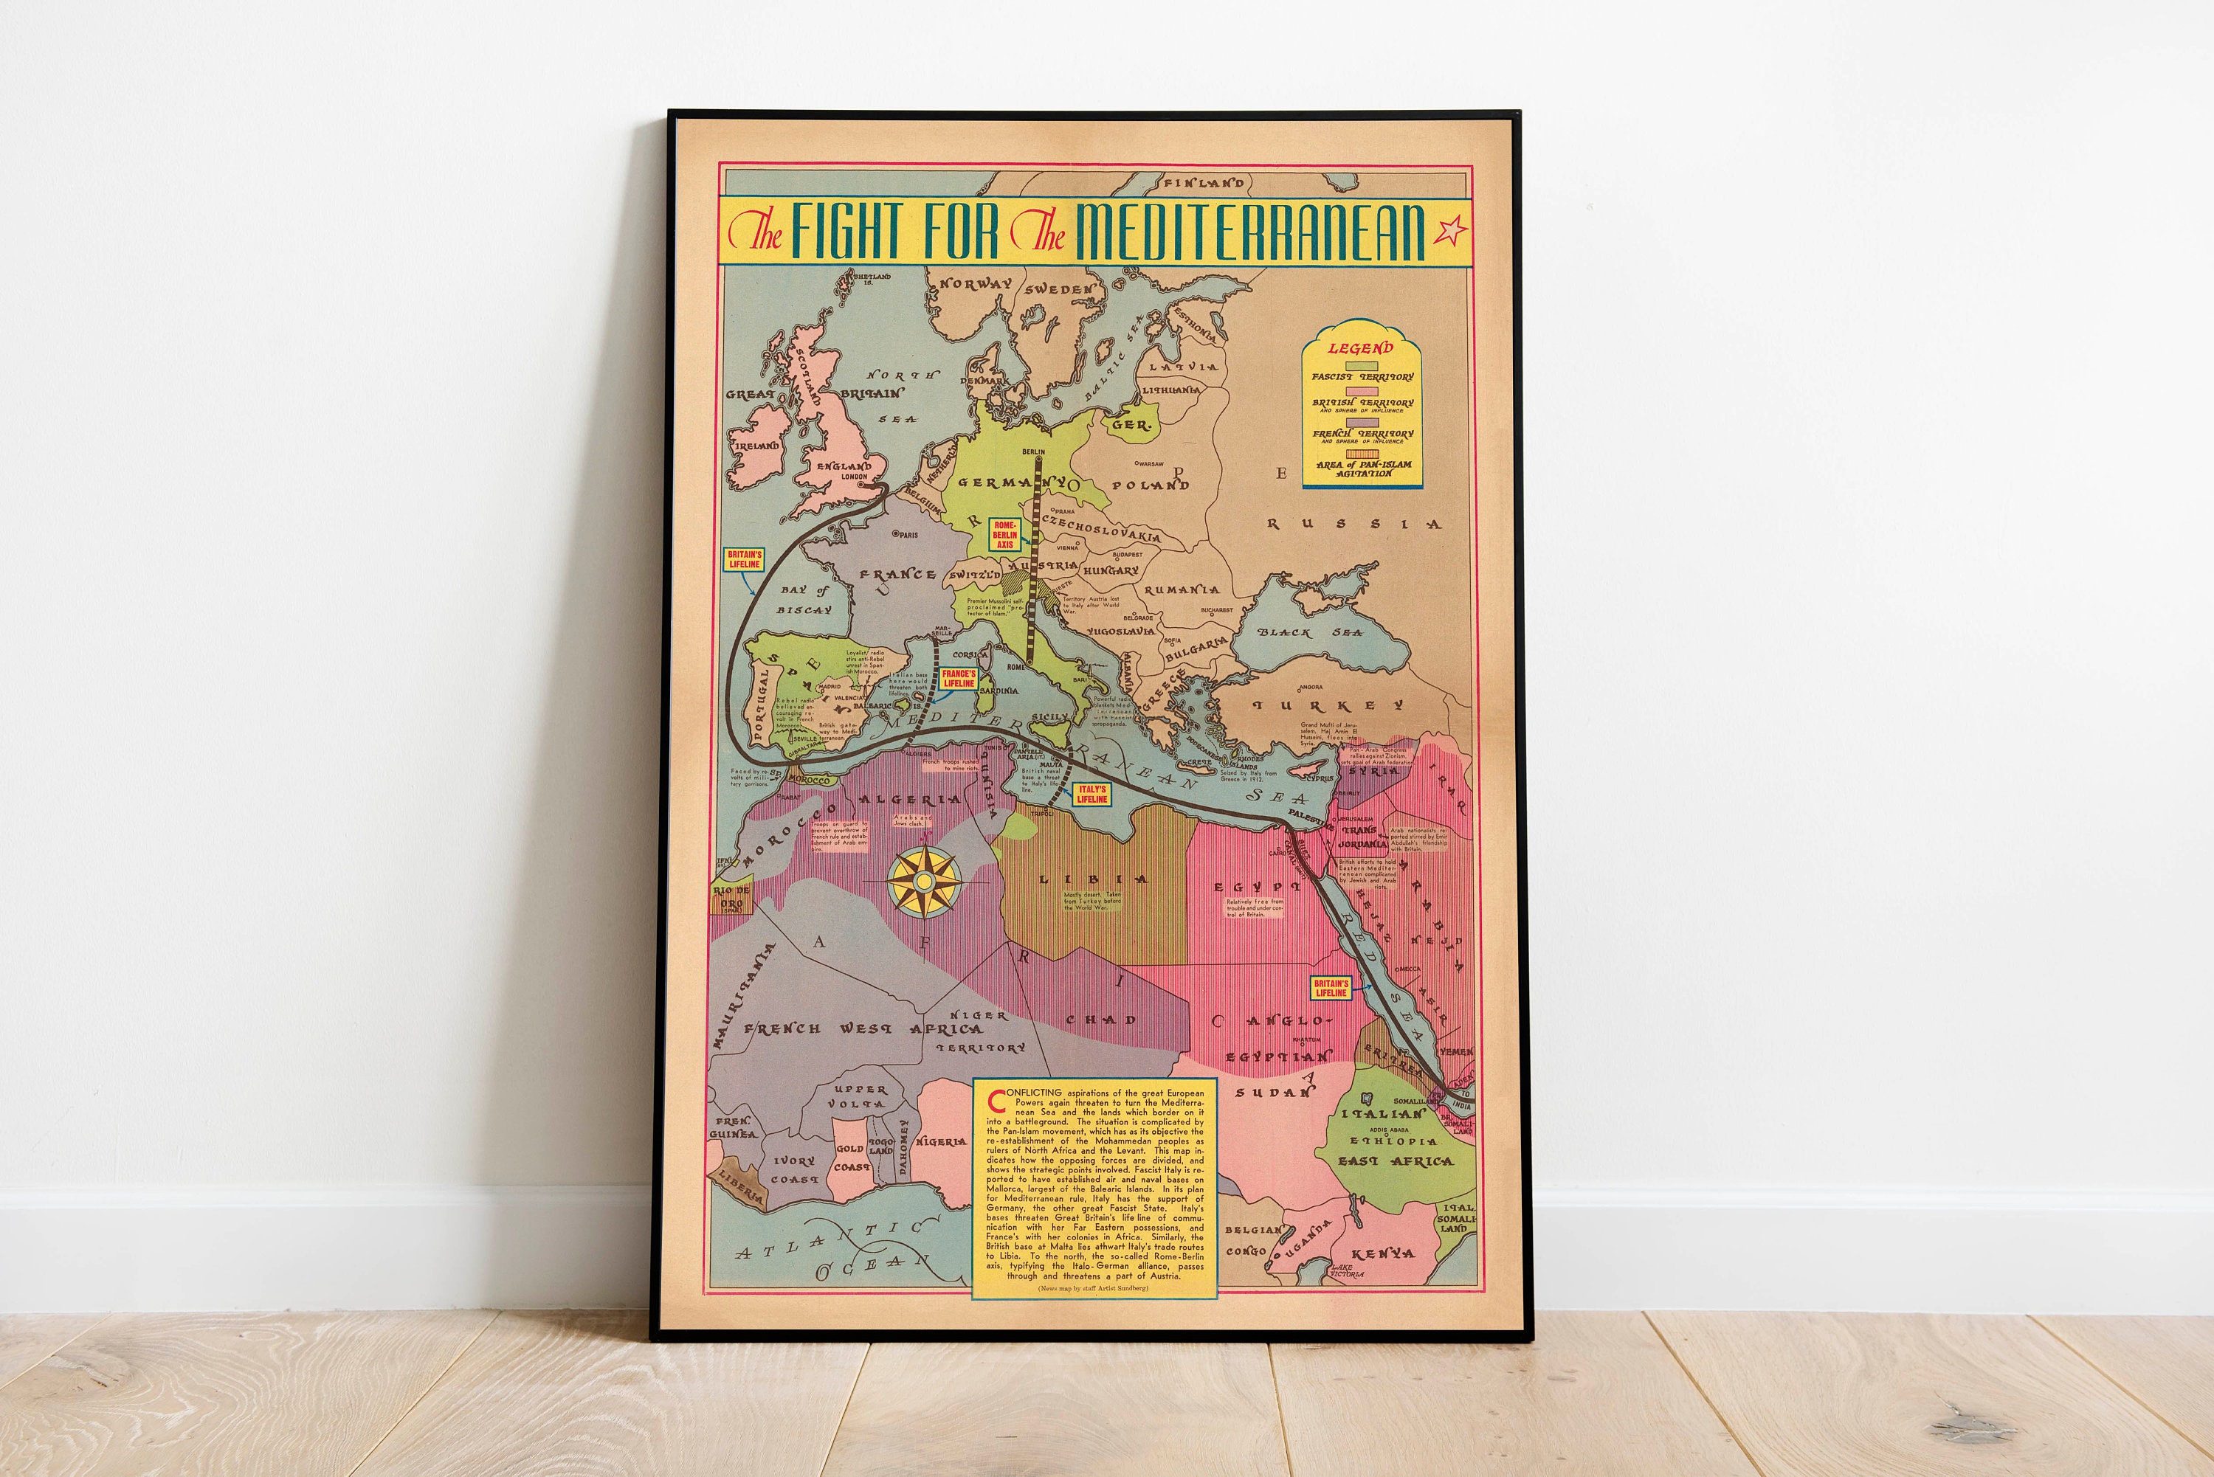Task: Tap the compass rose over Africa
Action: pyautogui.click(x=924, y=881)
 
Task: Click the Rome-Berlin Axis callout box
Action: pyautogui.click(x=1004, y=534)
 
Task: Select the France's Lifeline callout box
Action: pyautogui.click(x=959, y=678)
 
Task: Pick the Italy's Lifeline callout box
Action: pyautogui.click(x=1092, y=794)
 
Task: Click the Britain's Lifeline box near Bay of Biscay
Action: pyautogui.click(x=745, y=559)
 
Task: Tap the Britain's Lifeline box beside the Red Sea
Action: pyautogui.click(x=1331, y=987)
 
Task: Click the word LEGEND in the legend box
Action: pyautogui.click(x=1360, y=348)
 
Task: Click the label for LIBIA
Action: pyautogui.click(x=1093, y=879)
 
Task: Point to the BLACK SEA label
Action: pyautogui.click(x=1311, y=632)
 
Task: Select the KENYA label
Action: pyautogui.click(x=1383, y=1253)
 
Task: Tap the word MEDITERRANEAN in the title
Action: pyautogui.click(x=1250, y=231)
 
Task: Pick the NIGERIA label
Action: pyautogui.click(x=941, y=1141)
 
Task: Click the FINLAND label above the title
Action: pyautogui.click(x=1203, y=183)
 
